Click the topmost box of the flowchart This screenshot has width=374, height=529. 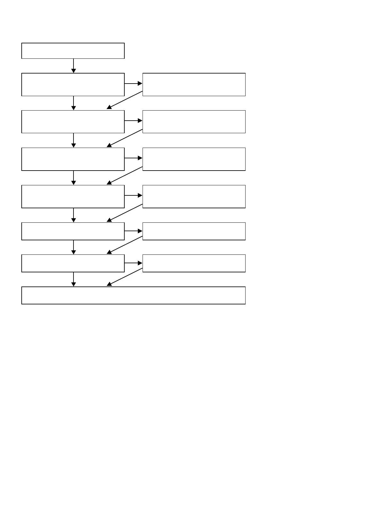tap(73, 51)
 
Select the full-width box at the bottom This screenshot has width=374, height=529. tap(133, 295)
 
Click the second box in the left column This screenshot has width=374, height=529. tap(73, 85)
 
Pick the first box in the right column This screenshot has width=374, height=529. tap(194, 85)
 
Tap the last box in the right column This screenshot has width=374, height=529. tap(194, 263)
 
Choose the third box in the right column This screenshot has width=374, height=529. tap(194, 159)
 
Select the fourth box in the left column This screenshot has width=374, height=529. tap(73, 159)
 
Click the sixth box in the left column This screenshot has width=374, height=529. tap(73, 231)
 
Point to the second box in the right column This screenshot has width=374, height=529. tap(194, 122)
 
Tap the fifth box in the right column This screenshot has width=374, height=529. tap(194, 231)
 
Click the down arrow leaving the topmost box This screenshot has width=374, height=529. tap(73, 66)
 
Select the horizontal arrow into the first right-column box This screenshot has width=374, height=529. tap(133, 84)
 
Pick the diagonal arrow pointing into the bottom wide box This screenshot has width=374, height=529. tap(125, 277)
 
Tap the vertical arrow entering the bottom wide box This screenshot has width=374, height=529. tap(73, 279)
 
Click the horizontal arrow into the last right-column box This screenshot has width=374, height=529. tap(133, 263)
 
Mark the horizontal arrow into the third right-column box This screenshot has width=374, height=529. tap(133, 158)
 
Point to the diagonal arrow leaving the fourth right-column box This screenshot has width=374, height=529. tap(125, 213)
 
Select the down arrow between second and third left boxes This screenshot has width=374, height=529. tap(73, 103)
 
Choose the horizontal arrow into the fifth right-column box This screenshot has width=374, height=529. tap(133, 231)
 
